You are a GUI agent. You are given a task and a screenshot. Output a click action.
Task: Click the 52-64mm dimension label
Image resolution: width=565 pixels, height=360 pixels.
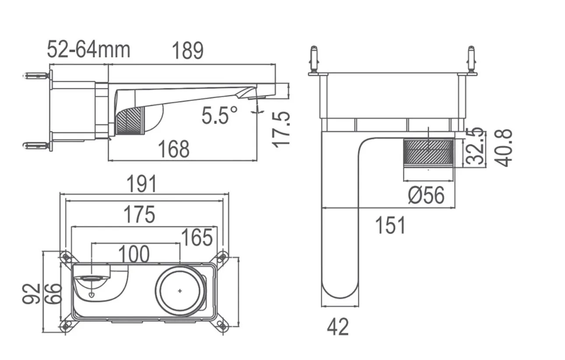click(x=88, y=50)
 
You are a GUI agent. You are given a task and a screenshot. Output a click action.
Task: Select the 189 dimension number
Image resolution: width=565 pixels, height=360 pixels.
click(x=187, y=51)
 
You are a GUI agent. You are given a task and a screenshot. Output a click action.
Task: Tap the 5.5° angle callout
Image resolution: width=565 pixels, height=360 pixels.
click(x=219, y=115)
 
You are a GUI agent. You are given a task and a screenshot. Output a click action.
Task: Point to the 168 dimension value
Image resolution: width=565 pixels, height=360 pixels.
click(x=174, y=149)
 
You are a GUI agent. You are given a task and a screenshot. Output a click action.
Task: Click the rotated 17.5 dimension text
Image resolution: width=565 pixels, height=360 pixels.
click(x=281, y=129)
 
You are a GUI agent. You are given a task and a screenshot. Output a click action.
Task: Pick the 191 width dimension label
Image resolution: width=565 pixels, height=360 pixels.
click(x=141, y=184)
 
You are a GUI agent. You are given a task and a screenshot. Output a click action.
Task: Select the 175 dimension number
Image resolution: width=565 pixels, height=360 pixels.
click(x=139, y=214)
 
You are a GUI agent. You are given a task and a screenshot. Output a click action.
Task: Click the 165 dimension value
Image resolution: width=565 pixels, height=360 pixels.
click(x=197, y=237)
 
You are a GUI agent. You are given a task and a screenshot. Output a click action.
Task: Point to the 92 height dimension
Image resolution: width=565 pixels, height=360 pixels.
click(x=31, y=294)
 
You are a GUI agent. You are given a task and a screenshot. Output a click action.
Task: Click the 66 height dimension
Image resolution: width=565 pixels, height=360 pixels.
click(x=53, y=294)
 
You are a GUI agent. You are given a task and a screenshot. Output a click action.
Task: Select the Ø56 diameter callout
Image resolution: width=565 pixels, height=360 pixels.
click(x=426, y=195)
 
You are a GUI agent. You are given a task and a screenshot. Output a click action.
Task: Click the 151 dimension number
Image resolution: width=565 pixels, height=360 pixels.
click(x=390, y=225)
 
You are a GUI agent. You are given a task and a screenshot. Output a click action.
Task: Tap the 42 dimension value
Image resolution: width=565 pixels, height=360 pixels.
click(x=338, y=327)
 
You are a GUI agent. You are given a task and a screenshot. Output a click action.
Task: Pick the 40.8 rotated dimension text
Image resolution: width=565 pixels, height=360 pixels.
click(x=503, y=147)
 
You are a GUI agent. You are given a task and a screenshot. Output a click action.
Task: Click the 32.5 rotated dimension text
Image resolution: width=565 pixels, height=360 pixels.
click(x=475, y=146)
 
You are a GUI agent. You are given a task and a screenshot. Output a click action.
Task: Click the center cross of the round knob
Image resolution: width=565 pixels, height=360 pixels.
click(x=180, y=291)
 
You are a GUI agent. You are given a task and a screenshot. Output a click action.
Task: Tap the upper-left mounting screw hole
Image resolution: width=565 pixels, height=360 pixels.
click(x=66, y=257)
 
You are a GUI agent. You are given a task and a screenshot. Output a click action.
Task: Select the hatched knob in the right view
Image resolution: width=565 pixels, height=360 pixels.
click(x=428, y=151)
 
